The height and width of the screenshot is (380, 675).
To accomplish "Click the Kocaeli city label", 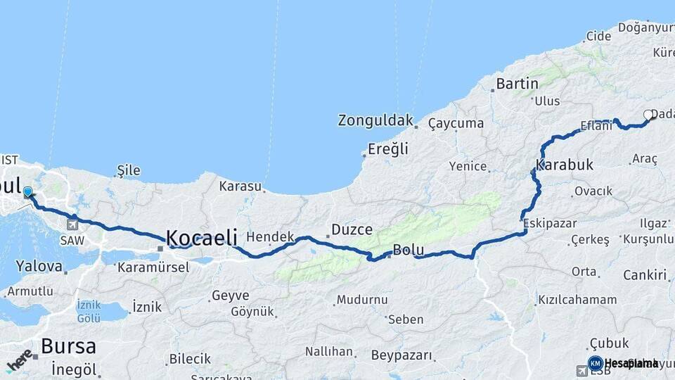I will click(x=202, y=237).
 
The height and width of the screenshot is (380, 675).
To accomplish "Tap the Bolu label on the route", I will click(x=407, y=249).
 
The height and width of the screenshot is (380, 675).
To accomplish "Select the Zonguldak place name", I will click(x=375, y=120).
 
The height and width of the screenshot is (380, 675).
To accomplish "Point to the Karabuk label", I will click(x=565, y=165).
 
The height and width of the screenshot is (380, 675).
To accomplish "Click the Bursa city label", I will click(x=68, y=346).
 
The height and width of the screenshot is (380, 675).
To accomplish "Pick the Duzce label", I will click(x=352, y=229).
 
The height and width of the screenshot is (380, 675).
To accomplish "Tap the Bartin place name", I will click(x=517, y=84).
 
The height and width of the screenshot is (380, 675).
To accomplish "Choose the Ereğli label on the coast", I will click(x=388, y=148).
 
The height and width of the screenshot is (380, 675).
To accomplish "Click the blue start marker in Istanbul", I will click(x=28, y=191).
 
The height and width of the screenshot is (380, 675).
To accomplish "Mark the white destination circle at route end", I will click(x=648, y=115).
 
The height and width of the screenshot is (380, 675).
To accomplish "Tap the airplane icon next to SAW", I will click(x=72, y=224).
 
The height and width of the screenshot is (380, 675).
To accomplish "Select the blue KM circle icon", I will click(x=595, y=363).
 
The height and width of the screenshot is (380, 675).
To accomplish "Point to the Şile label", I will click(x=129, y=170).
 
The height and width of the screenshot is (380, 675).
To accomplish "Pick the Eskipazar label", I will click(x=551, y=223).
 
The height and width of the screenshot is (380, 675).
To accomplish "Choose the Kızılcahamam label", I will click(x=577, y=300).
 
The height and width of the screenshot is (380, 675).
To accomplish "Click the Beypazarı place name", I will click(x=401, y=355).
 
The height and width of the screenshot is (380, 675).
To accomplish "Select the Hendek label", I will click(x=270, y=237).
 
